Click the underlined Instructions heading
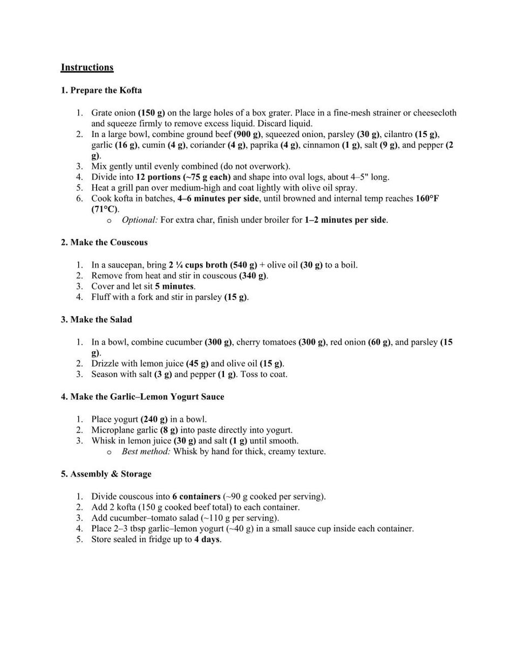(87, 67)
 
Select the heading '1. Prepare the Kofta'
(101, 90)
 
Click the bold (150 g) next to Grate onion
(152, 113)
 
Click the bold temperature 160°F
(427, 199)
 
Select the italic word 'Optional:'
(140, 220)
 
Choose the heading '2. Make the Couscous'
(104, 243)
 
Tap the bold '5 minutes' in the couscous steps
(175, 286)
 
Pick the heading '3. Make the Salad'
(96, 320)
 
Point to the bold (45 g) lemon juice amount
(197, 364)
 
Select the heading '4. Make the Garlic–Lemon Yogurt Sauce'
(142, 397)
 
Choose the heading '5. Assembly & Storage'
(106, 474)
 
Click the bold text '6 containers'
(196, 496)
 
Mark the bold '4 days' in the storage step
(207, 539)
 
